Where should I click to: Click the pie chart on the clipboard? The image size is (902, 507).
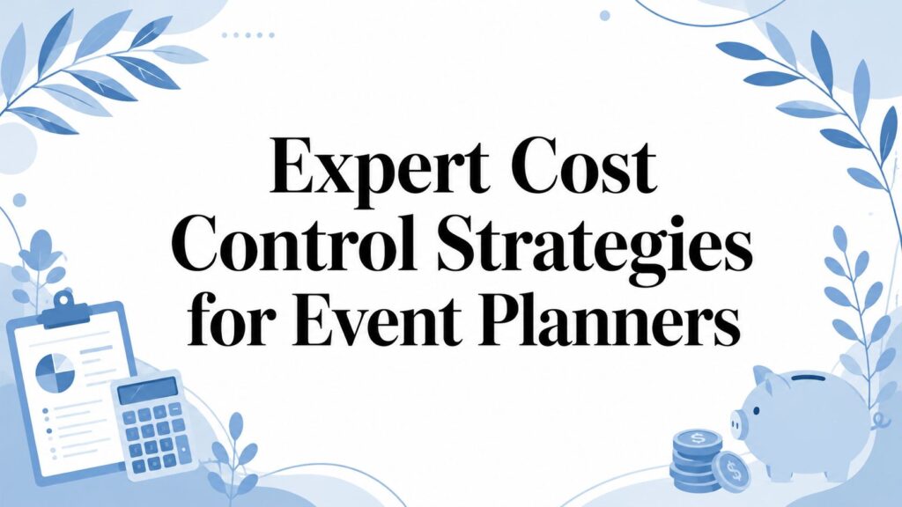tap(55, 372)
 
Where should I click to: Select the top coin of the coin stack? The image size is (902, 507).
tap(698, 439)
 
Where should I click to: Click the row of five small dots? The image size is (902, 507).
tap(248, 35)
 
